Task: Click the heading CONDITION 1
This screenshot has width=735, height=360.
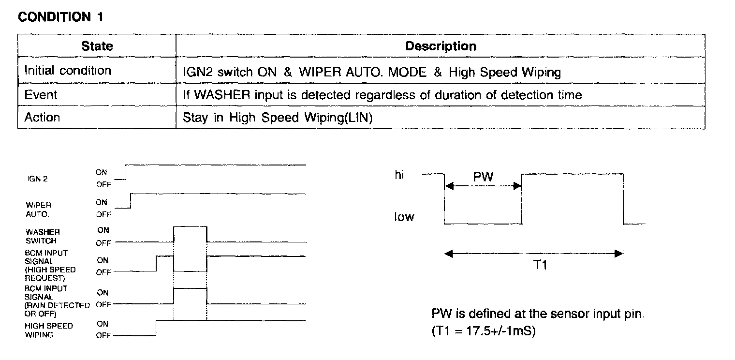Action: point(60,17)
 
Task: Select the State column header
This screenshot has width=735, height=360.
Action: point(97,46)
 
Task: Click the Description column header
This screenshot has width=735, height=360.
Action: point(441,46)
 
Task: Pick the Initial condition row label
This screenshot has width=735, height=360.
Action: point(68,71)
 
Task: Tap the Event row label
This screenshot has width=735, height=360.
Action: point(41,94)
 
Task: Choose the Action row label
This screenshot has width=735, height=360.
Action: point(43,118)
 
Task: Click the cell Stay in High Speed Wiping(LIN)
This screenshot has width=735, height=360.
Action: point(277,118)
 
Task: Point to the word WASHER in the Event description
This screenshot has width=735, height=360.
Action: point(220,95)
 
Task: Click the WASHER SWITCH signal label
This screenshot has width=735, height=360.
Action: point(41,237)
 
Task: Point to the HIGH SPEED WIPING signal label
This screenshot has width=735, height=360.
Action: point(42,330)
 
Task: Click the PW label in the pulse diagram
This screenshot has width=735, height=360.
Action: point(483,177)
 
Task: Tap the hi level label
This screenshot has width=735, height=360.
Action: point(399,175)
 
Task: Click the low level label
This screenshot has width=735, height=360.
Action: point(404,217)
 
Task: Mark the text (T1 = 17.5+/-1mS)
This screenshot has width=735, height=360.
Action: point(484,333)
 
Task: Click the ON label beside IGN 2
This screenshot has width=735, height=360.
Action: point(102,172)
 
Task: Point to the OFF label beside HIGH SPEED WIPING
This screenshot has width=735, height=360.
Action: point(103,336)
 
